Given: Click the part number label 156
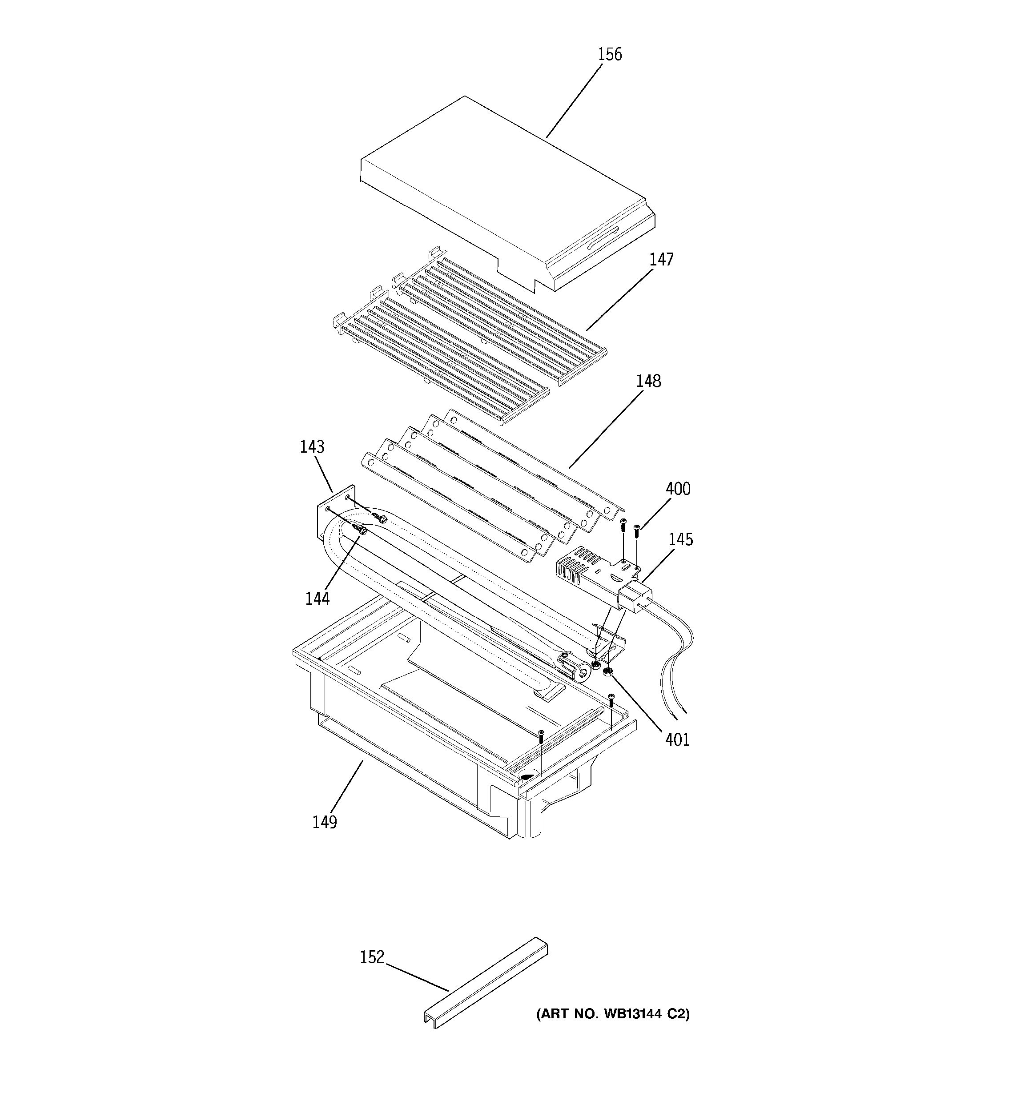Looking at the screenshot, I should [x=610, y=55].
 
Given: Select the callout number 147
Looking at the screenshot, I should [x=661, y=259].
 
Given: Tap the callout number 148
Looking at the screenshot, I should [x=648, y=381].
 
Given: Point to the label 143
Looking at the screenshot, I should [x=312, y=447].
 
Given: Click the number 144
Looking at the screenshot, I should [x=317, y=599].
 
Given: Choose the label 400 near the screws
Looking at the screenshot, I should [x=678, y=489].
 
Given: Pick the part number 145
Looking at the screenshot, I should [x=680, y=540].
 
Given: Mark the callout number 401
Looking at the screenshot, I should [x=677, y=740].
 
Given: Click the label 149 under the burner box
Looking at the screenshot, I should [x=325, y=822].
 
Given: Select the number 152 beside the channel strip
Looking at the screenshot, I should [x=372, y=957].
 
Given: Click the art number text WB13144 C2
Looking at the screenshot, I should [x=612, y=1014].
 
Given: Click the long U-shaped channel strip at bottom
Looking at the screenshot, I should [x=486, y=982].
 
